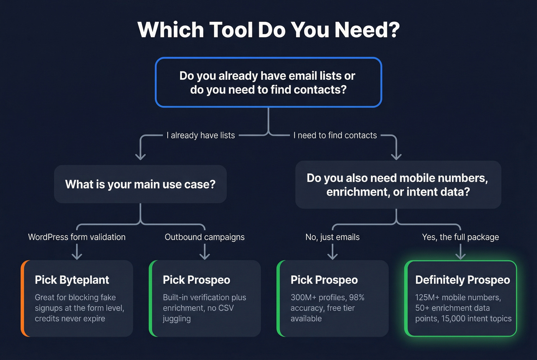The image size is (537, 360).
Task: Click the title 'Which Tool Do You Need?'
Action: click(x=268, y=30)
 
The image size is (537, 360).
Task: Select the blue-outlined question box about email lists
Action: click(x=268, y=82)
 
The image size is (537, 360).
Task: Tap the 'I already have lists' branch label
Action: click(x=201, y=135)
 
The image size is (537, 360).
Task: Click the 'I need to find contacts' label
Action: click(x=335, y=135)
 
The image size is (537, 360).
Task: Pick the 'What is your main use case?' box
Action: click(x=140, y=184)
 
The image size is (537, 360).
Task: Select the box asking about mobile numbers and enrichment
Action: click(x=398, y=185)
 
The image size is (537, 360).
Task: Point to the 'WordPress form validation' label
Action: click(x=77, y=237)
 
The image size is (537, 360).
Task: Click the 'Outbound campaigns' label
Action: click(x=204, y=237)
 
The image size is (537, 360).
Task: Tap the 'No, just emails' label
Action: click(x=333, y=237)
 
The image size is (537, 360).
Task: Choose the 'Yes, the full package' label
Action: click(x=460, y=237)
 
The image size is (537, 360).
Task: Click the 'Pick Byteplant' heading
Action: click(x=72, y=280)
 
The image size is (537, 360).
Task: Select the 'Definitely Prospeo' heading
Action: click(x=463, y=280)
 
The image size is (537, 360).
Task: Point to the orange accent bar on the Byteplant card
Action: click(x=23, y=298)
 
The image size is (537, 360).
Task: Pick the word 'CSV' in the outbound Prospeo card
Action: click(x=226, y=308)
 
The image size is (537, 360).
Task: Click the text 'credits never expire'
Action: click(x=70, y=319)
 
